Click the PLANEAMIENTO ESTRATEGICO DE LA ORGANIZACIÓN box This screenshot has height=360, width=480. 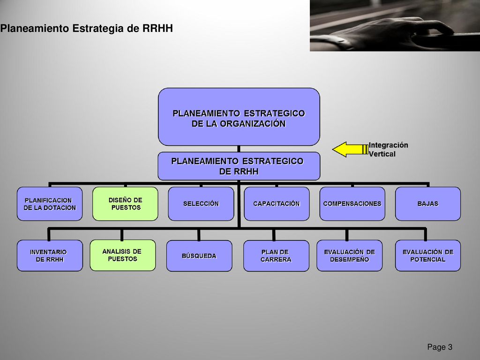(239, 117)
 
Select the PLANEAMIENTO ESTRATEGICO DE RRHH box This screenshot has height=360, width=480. (239, 166)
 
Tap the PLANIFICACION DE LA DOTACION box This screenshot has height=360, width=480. (50, 203)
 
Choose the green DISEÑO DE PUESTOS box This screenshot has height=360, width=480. (125, 203)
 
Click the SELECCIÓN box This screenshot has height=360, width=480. (201, 203)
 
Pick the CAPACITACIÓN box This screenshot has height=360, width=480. (277, 203)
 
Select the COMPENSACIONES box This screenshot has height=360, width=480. (352, 203)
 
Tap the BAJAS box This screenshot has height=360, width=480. (427, 203)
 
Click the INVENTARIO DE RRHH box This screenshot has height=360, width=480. (50, 255)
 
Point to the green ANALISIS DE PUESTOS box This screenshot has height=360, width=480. (122, 255)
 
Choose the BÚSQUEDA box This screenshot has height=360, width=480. (199, 256)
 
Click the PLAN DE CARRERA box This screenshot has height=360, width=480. (276, 256)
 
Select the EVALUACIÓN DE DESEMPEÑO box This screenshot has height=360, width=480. (349, 255)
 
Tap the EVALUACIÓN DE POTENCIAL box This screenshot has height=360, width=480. (427, 255)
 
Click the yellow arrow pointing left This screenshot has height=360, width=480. (350, 150)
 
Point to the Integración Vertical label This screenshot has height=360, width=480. (388, 150)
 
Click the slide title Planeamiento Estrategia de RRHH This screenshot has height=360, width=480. (87, 29)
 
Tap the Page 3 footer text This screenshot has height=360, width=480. (440, 347)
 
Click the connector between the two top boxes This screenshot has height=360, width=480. (239, 149)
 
